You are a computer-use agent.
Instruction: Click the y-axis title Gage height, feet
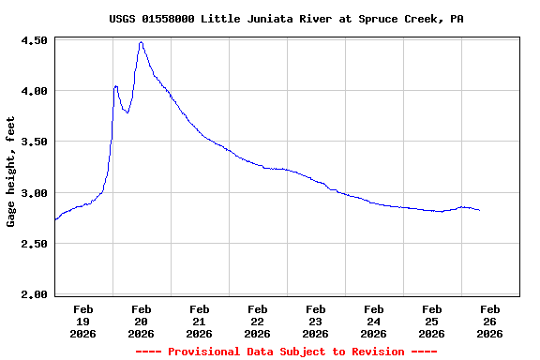point(11,172)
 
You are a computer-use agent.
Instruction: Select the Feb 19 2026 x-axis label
point(82,321)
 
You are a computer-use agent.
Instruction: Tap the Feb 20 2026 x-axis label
point(141,321)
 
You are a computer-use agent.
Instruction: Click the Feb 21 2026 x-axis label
point(199,321)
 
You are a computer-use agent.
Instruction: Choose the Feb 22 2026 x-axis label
point(257,321)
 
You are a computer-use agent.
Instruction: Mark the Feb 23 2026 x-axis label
point(315,321)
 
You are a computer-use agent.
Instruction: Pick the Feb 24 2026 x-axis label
point(373,321)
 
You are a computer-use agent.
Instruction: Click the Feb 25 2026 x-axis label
point(431,321)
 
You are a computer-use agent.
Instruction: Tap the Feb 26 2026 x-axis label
point(489,321)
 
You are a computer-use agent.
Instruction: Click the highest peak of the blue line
point(141,42)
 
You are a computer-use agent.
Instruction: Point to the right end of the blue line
point(480,210)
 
